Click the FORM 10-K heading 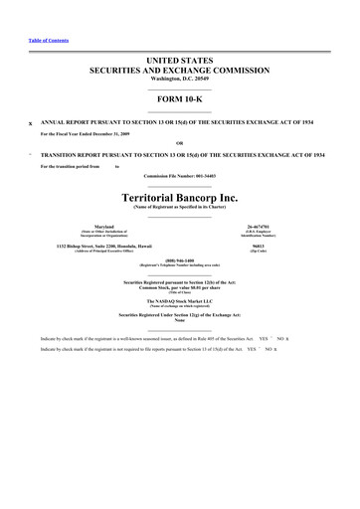tap(180, 100)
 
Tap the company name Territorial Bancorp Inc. tap(180, 197)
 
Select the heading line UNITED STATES tap(180, 61)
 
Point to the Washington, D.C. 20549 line tap(180, 80)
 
